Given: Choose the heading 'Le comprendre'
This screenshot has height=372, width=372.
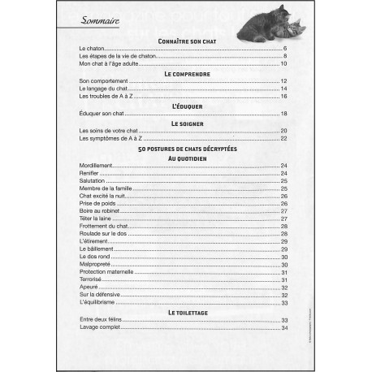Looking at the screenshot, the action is [x=186, y=73].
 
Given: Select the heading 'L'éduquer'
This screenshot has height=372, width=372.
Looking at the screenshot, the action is [x=186, y=106].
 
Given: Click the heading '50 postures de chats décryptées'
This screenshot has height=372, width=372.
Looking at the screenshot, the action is [x=186, y=149].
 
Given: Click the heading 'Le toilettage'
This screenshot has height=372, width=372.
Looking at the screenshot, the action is [x=186, y=312].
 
